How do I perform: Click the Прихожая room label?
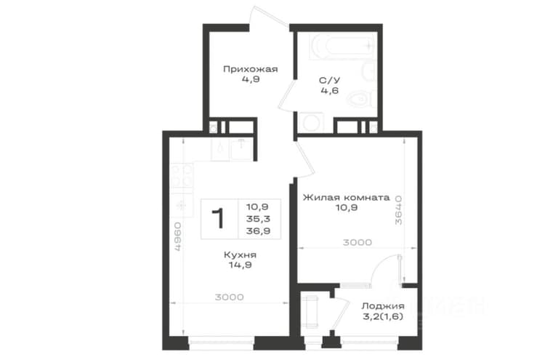point(250,69)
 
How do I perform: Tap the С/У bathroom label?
point(329,80)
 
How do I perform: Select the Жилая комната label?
point(346,198)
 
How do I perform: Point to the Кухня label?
point(241,255)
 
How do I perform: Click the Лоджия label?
point(383,306)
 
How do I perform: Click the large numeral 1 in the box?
point(219,218)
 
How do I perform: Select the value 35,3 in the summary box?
point(258,219)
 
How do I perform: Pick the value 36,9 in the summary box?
point(258,231)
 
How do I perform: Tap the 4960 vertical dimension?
point(177,236)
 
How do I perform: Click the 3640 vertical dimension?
point(398,209)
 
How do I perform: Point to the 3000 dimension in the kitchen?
point(229,297)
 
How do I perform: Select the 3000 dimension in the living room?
point(358,242)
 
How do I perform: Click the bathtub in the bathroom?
point(342,47)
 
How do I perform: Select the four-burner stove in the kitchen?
point(182,176)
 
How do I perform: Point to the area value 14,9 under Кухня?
point(241,265)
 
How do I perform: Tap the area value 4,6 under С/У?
point(329,91)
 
